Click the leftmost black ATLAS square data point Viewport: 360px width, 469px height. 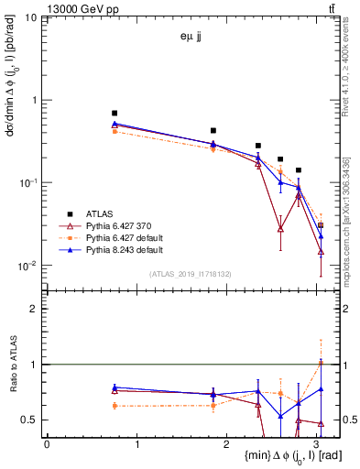[115, 113]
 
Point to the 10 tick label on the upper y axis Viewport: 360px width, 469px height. [31, 18]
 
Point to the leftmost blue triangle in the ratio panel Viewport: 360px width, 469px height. [115, 387]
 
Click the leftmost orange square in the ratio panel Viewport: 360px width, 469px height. [115, 405]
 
